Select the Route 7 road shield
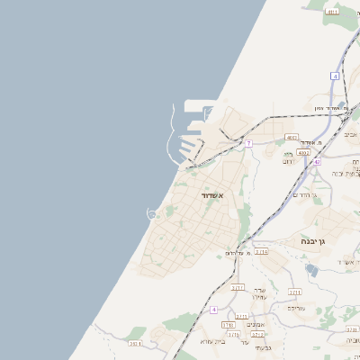pyautogui.click(x=248, y=143)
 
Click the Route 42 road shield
pyautogui.click(x=317, y=161)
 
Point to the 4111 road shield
pyautogui.click(x=333, y=12)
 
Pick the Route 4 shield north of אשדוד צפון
pyautogui.click(x=334, y=76)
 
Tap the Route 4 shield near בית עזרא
pyautogui.click(x=214, y=310)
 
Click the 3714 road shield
pyautogui.click(x=261, y=252)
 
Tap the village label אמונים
pyautogui.click(x=255, y=325)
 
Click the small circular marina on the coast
pyautogui.click(x=152, y=213)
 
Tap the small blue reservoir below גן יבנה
pyautogui.click(x=311, y=268)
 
